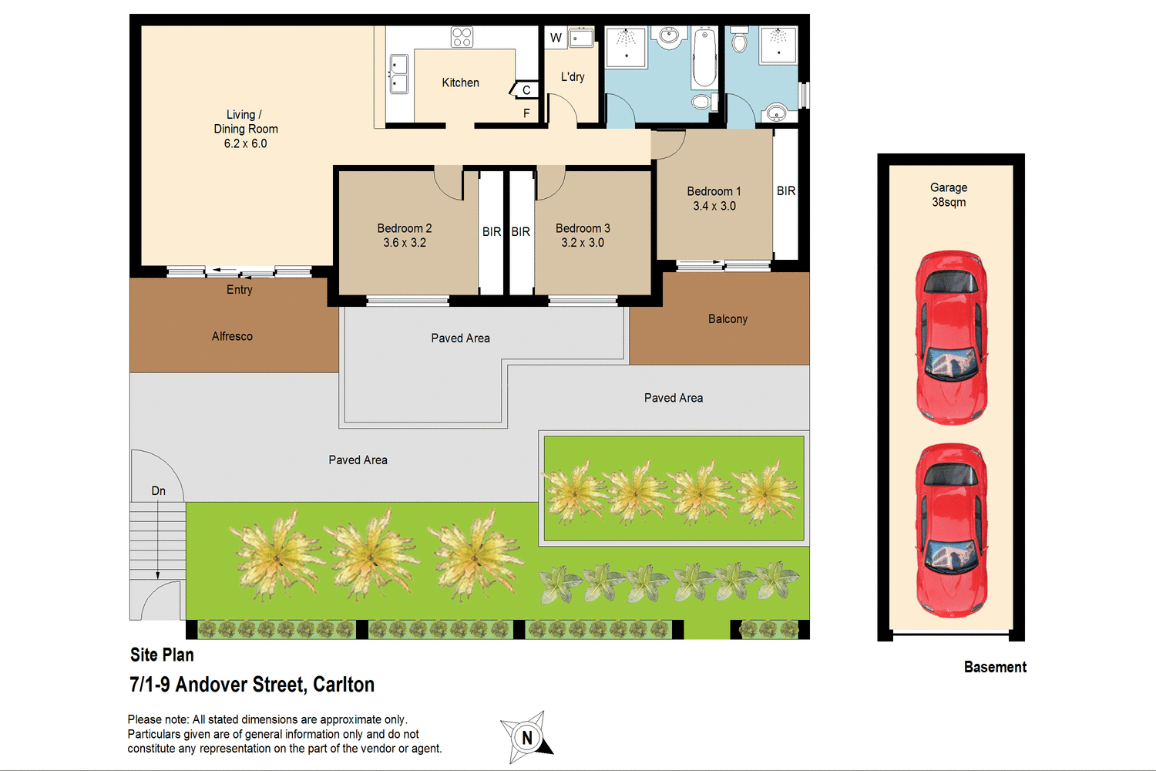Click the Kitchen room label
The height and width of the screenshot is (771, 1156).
[460, 82]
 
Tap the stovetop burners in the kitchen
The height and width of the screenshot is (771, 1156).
[462, 37]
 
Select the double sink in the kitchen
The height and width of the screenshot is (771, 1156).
[398, 74]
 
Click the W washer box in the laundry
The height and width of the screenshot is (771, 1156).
[556, 38]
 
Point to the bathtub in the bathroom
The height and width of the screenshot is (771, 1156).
[704, 59]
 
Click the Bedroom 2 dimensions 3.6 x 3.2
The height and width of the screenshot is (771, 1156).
[405, 243]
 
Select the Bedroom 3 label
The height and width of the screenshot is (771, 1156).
[583, 228]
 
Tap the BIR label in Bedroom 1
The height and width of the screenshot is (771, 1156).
[786, 191]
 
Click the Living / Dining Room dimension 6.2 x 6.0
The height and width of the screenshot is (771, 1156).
[245, 143]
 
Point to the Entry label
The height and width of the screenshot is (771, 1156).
[239, 290]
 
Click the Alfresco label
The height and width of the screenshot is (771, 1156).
[232, 336]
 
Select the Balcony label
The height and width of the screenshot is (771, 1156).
[728, 319]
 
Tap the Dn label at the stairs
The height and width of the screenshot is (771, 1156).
[159, 491]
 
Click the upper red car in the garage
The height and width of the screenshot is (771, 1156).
[951, 336]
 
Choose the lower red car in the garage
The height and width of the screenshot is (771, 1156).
[951, 530]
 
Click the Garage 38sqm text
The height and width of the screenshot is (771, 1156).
[949, 195]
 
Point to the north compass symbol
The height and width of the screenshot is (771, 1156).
[526, 737]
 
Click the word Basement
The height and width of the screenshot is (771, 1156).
[995, 668]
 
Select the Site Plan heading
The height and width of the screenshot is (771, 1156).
[162, 655]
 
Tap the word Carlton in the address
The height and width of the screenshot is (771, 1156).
[344, 685]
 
